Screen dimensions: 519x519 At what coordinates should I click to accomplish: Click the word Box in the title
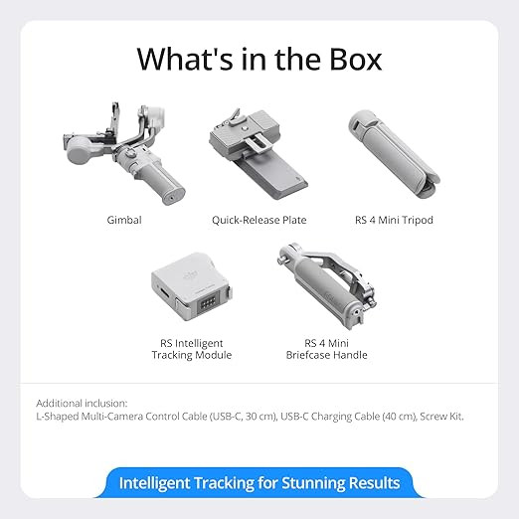355,59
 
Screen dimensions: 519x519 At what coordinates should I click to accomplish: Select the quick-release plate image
259,155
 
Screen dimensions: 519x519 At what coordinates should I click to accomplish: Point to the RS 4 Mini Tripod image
394,154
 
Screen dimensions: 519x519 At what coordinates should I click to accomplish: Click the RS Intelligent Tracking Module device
192,286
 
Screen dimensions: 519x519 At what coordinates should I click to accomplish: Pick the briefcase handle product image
327,285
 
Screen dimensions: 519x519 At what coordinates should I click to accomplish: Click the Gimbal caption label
124,220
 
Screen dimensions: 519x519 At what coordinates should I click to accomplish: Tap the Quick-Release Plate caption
259,220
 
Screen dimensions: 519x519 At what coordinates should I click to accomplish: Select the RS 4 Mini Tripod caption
394,220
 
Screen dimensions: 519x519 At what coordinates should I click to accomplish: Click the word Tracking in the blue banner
224,483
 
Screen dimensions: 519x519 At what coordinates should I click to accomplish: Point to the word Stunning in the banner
313,483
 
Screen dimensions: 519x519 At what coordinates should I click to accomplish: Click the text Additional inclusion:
82,403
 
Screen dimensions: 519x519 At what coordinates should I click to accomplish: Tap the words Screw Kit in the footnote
441,416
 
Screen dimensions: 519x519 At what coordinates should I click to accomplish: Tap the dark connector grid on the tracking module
208,302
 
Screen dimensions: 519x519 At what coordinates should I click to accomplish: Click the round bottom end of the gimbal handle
173,198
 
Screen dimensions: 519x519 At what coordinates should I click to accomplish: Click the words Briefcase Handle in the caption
326,355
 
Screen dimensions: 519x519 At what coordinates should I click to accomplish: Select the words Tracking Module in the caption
192,355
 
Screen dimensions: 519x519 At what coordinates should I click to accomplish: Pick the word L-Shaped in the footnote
57,416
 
